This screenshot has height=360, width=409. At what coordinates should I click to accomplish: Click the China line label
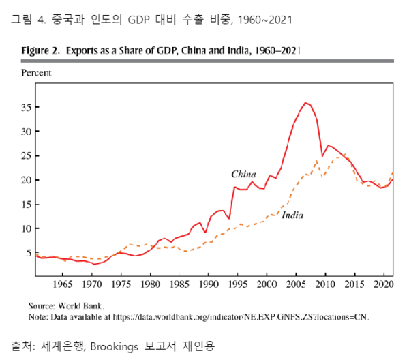click(243, 174)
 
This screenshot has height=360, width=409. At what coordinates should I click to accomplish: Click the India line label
click(292, 215)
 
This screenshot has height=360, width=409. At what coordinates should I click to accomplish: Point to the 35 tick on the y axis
click(28, 107)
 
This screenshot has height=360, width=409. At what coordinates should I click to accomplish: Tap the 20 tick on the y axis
click(28, 180)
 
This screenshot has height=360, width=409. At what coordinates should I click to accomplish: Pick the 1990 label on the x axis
click(209, 282)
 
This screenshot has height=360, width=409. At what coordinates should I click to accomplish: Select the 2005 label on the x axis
click(296, 282)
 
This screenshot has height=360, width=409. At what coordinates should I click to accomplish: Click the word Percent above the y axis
click(36, 72)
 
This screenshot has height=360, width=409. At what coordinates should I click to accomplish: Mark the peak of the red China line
click(306, 103)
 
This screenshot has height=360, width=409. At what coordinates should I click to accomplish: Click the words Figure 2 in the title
click(43, 50)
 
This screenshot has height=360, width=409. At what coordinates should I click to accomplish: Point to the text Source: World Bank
click(65, 305)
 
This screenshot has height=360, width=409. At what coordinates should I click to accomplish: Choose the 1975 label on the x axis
click(121, 282)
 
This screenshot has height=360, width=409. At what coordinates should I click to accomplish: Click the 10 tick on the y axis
click(28, 228)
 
